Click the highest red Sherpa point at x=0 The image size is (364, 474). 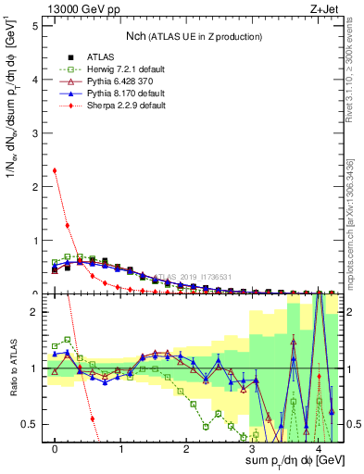[x=56, y=170]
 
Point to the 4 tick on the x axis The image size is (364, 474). [x=319, y=450]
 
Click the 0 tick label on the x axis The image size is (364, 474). [x=56, y=450]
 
